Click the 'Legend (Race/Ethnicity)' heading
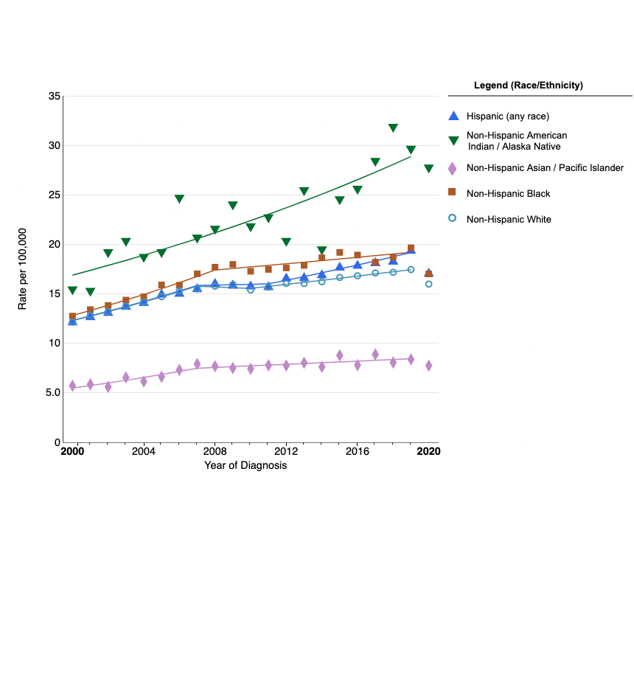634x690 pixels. tap(528, 86)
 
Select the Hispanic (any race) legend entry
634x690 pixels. tap(507, 116)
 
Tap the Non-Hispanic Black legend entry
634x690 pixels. tap(508, 193)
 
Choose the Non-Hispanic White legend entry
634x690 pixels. tap(508, 219)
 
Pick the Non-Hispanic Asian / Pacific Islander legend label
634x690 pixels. tap(545, 167)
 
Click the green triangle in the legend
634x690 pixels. tap(453, 140)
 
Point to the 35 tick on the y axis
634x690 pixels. tap(55, 97)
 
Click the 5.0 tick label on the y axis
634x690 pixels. tap(53, 393)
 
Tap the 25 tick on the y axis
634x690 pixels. tap(55, 195)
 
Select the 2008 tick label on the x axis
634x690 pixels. tap(215, 451)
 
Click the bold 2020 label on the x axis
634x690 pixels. tap(428, 451)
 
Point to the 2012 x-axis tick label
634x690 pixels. tap(286, 451)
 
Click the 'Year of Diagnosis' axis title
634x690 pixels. tap(245, 465)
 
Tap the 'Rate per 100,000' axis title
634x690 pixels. tap(23, 268)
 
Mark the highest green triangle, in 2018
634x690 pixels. tap(393, 128)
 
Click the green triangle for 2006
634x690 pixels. tap(179, 199)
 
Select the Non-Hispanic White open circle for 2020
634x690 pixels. tap(428, 284)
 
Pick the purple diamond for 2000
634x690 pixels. tap(72, 386)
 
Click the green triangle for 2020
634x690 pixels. tap(428, 169)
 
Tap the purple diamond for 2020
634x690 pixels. tap(428, 366)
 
